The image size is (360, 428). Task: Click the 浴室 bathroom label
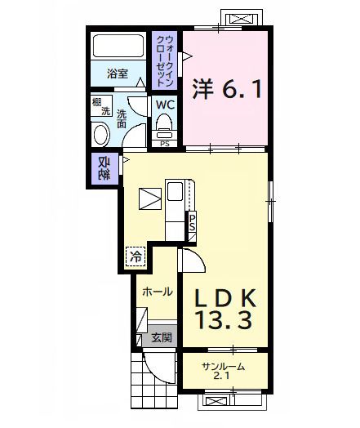[x=117, y=74]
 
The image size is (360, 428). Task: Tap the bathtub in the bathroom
[x=116, y=47]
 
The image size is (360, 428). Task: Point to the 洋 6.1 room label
[x=228, y=88]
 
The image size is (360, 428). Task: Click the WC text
[x=165, y=105]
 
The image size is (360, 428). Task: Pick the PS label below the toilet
[x=165, y=145]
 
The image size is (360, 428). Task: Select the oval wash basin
[x=101, y=134]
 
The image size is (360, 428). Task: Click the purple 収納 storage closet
[x=104, y=169]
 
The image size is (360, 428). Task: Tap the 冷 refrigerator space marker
[x=136, y=256]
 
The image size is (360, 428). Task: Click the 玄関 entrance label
[x=160, y=337]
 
